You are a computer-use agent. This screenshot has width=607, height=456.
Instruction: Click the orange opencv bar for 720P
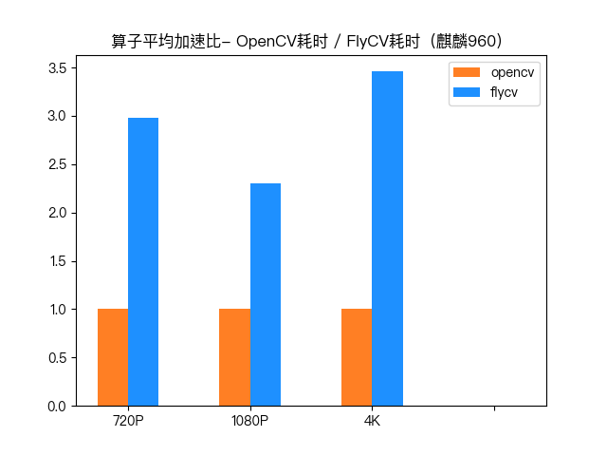point(113,357)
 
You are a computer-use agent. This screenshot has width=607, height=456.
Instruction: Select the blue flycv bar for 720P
point(143,261)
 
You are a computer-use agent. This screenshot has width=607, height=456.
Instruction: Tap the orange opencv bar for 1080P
point(234,357)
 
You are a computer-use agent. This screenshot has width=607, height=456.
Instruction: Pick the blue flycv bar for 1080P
point(266,294)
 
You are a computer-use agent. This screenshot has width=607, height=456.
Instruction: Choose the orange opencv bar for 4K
point(357,357)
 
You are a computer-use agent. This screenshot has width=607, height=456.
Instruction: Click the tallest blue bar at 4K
point(387,238)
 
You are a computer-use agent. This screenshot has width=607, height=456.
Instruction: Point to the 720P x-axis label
point(128,421)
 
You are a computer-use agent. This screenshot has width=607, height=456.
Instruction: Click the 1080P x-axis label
point(249,421)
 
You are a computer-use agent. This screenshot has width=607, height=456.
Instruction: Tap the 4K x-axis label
point(372,421)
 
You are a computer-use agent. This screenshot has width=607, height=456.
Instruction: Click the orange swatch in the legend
point(468,73)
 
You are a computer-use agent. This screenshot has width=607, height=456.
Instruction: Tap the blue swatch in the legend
point(468,92)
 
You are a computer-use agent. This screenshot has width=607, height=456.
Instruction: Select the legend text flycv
point(503,92)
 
